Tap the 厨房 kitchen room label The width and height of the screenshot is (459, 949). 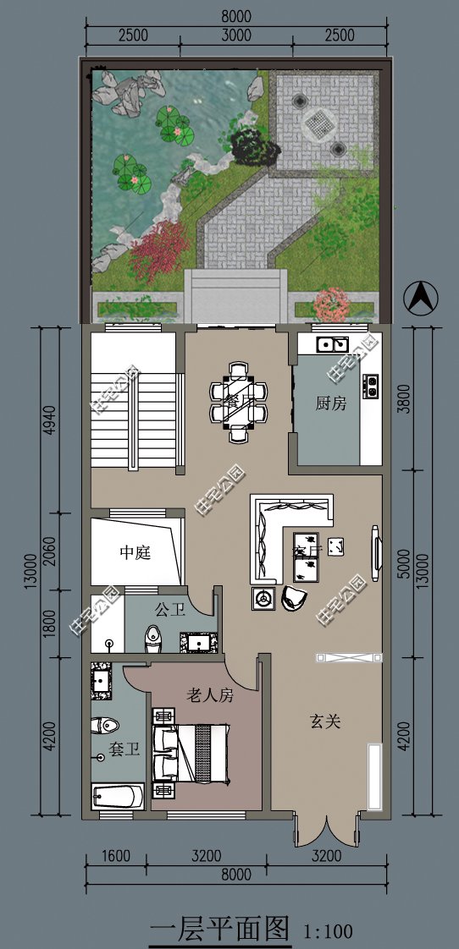click(x=331, y=403)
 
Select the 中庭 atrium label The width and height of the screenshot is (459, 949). click(x=135, y=552)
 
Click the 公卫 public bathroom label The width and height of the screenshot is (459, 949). click(x=170, y=609)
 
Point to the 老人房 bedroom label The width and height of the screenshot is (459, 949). click(x=209, y=695)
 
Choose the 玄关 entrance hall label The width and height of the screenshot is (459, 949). click(x=324, y=721)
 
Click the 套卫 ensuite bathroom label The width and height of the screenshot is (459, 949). click(x=124, y=749)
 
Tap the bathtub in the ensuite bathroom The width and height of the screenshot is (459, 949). click(x=118, y=797)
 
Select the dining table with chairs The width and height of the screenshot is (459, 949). click(x=239, y=402)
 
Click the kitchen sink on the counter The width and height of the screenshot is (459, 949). click(x=331, y=343)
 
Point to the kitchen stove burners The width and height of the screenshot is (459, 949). click(x=370, y=387)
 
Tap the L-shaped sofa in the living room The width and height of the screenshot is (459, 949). click(x=279, y=533)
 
